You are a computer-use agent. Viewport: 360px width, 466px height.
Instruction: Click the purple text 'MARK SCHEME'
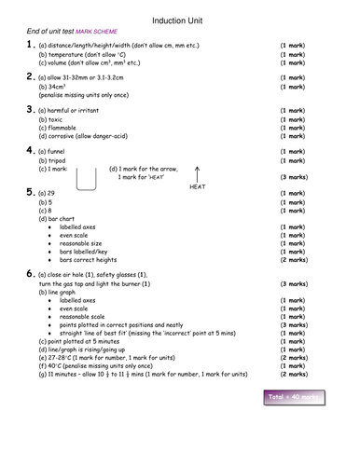pyautogui.click(x=98, y=34)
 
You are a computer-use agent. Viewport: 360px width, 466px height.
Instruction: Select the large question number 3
pyautogui.click(x=30, y=109)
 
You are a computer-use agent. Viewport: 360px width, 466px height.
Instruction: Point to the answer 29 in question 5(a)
pyautogui.click(x=52, y=194)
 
